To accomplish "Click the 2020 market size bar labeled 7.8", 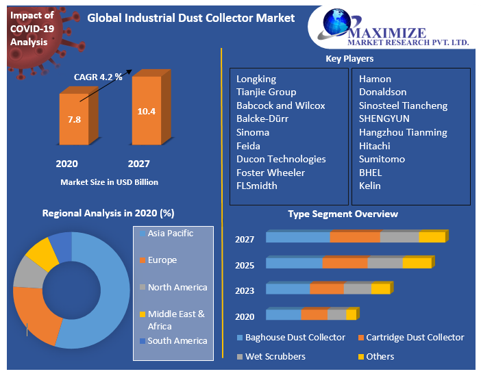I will click(74, 119).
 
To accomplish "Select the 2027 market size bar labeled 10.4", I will click(146, 111).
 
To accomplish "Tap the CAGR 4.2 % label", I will click(98, 77).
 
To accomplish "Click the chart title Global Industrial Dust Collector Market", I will click(191, 18).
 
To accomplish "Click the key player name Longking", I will click(256, 79).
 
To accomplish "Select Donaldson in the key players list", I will click(382, 92).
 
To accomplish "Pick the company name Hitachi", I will click(374, 146).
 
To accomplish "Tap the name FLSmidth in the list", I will click(257, 186).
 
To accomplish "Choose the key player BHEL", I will click(370, 173).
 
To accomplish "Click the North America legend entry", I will click(177, 288).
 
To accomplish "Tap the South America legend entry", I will click(177, 341).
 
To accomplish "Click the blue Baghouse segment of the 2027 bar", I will click(297, 237).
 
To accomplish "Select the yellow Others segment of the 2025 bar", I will click(417, 263).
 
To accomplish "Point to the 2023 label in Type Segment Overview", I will click(245, 290).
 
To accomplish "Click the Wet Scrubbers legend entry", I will click(275, 357).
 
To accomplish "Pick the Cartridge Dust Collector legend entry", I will click(415, 338).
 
